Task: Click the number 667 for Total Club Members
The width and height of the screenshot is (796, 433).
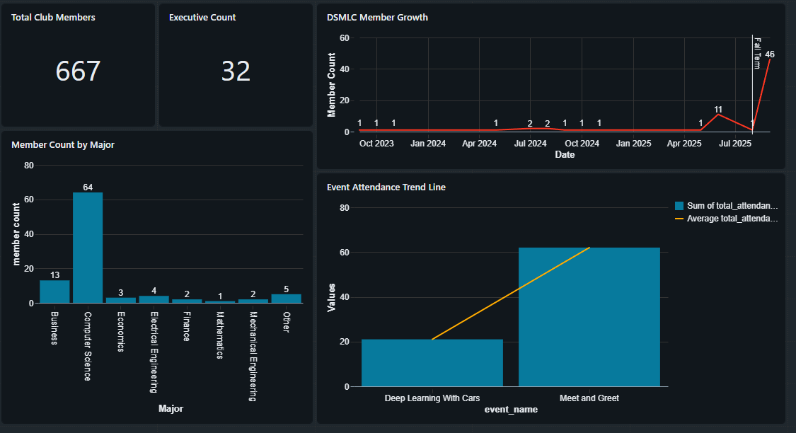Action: point(78,71)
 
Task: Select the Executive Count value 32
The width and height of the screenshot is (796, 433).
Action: point(236,71)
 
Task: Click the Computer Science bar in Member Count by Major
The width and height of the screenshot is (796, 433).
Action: point(88,248)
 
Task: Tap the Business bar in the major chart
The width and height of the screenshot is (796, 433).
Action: point(54,291)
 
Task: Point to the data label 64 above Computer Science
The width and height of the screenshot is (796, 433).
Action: point(88,187)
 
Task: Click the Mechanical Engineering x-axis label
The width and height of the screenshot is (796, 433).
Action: point(253,355)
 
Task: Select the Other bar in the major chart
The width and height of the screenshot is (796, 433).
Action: point(286,299)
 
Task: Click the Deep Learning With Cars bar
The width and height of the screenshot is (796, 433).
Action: point(432,363)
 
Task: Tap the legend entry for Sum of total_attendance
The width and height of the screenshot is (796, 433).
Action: point(732,206)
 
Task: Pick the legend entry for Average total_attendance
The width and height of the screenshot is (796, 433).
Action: point(732,219)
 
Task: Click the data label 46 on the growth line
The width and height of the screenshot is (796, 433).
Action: point(770,54)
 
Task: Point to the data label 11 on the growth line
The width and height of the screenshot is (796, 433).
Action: point(718,110)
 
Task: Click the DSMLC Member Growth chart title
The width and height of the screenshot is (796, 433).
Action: point(377,18)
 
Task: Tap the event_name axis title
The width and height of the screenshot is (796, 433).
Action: point(510,410)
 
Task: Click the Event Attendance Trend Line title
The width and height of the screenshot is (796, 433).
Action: point(386,187)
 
